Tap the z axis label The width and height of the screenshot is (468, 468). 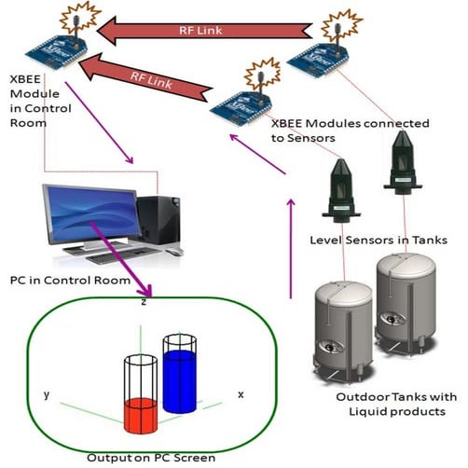pyautogui.click(x=143, y=303)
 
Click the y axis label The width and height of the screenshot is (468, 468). pyautogui.click(x=48, y=395)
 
